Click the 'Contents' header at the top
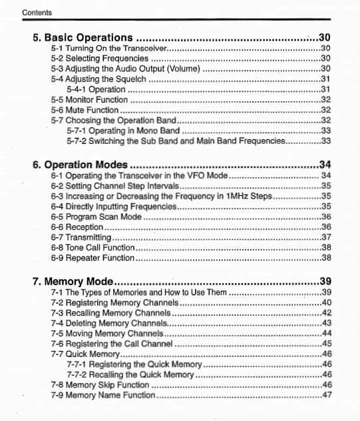pos(37,13)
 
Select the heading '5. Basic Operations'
pos(83,37)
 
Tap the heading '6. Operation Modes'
pos(81,165)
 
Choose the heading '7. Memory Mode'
pos(73,281)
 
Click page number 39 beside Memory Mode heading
pos(325,281)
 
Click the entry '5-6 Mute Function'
pos(85,110)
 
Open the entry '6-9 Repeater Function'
pos(92,257)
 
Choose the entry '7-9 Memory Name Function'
pos(102,395)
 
